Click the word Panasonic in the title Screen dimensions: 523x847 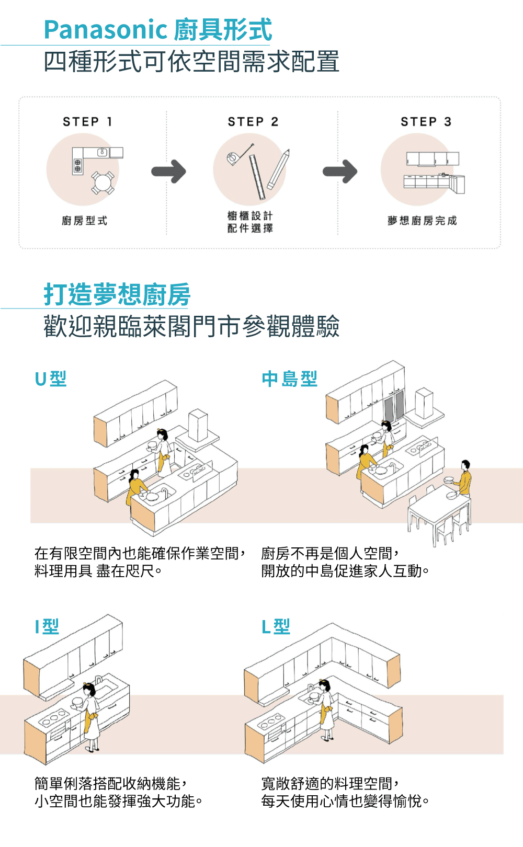point(105,30)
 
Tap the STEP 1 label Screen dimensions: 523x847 point(88,122)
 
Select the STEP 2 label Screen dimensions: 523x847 point(253,122)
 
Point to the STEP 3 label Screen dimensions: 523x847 point(426,122)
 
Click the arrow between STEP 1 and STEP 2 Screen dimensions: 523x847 point(168,171)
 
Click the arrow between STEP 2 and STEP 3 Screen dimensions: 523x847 point(340,171)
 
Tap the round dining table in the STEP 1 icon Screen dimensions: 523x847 point(103,182)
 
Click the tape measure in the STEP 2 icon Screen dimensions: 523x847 point(234,157)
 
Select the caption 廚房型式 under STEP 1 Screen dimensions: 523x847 point(84,221)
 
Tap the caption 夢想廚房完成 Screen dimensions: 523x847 point(422,221)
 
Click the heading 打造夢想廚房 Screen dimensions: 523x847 point(117,294)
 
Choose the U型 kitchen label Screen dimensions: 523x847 point(51,379)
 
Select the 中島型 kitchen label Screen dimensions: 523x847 point(289,379)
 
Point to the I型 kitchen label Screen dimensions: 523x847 point(47,626)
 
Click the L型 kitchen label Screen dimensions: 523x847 point(276,626)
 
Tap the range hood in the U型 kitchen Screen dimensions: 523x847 point(199,429)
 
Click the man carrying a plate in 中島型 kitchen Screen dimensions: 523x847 point(463,479)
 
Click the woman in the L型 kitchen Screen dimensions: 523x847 point(326,708)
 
